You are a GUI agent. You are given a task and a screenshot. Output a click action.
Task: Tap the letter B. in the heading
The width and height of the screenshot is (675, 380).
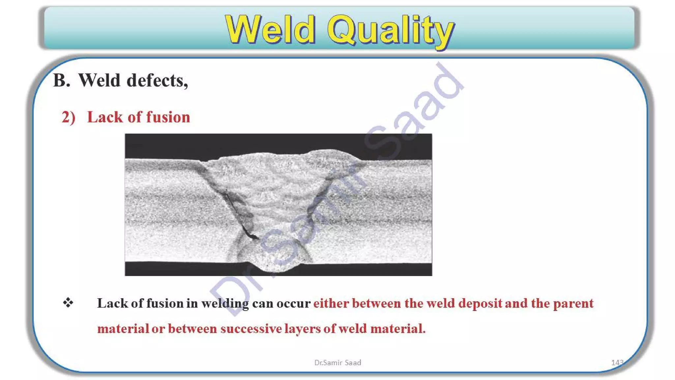point(62,80)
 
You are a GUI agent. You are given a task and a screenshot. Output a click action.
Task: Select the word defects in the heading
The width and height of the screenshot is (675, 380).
point(157,80)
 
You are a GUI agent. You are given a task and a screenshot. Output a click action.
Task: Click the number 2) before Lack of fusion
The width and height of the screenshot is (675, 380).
point(69,117)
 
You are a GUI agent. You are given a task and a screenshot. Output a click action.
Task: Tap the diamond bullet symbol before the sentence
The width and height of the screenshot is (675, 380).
point(68,302)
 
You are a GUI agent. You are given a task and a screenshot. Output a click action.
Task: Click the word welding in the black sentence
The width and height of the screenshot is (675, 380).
point(225,303)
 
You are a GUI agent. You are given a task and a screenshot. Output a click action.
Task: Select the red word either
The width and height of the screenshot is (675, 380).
point(331,303)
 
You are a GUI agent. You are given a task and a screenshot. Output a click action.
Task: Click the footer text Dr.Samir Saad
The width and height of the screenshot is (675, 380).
point(337,363)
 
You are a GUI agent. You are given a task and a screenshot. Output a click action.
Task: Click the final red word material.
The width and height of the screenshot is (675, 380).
point(397,329)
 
